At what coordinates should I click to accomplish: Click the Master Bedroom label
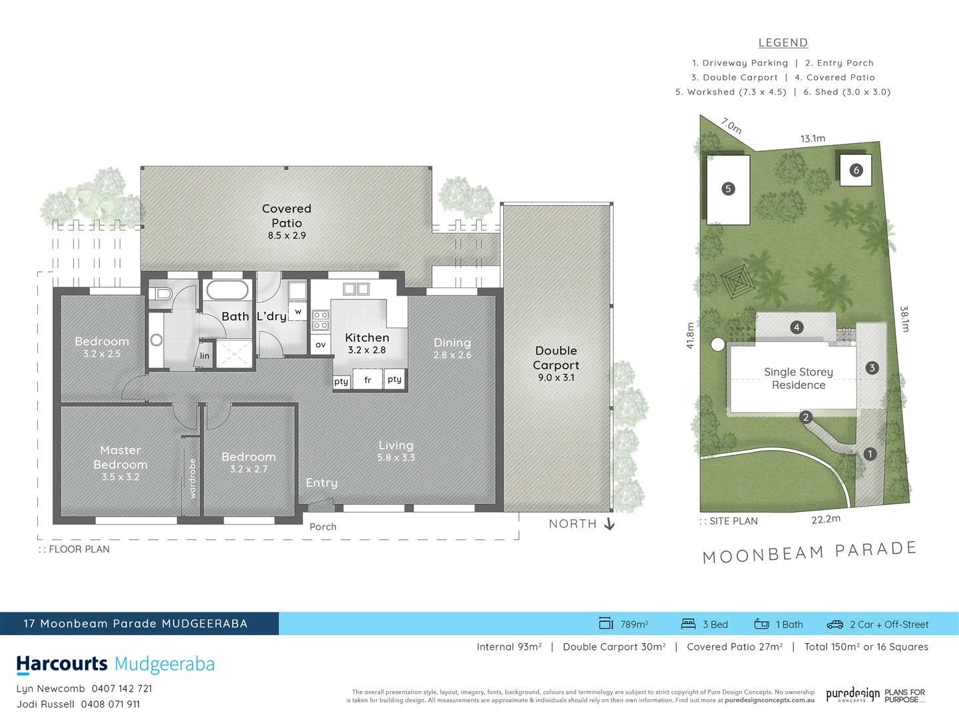120,457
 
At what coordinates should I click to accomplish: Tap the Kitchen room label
367,338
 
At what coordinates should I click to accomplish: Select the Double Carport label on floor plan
556,358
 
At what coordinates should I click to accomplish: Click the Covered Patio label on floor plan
286,216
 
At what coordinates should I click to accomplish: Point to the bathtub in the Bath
227,291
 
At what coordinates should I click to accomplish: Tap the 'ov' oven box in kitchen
321,344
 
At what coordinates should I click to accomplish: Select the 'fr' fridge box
367,380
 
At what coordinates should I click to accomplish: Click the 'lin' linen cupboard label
204,356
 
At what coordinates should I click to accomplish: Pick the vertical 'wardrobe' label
192,478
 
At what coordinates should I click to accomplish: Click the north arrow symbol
609,524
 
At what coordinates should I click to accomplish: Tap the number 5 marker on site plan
728,189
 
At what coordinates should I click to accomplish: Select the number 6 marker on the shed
856,170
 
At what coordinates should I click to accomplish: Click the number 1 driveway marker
870,454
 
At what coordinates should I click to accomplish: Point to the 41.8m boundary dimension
690,335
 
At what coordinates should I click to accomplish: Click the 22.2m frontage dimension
825,519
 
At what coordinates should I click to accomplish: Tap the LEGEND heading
783,43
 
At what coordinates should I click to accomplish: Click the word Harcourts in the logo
62,664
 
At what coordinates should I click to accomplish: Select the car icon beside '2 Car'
835,624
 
